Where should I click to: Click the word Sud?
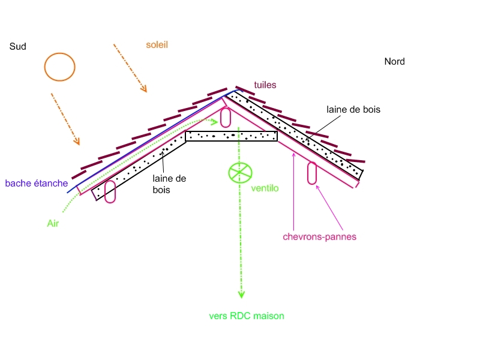point(18,46)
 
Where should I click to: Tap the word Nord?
point(394,61)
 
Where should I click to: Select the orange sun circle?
point(59,67)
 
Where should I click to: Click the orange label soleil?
point(157,44)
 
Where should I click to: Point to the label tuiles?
point(265,85)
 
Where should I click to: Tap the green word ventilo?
point(265,188)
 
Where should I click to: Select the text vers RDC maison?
point(246,316)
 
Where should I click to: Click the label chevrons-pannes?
point(319,236)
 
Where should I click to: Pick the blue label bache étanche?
point(36,183)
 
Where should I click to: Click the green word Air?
point(53,223)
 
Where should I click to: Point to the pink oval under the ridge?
point(226,117)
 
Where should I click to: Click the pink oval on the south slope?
point(110,191)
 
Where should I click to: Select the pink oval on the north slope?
point(312,173)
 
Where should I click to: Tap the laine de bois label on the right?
point(353,109)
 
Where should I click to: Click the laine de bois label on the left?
point(170,184)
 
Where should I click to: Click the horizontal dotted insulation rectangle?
point(232,136)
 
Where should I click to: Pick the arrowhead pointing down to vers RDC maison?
point(241,294)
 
